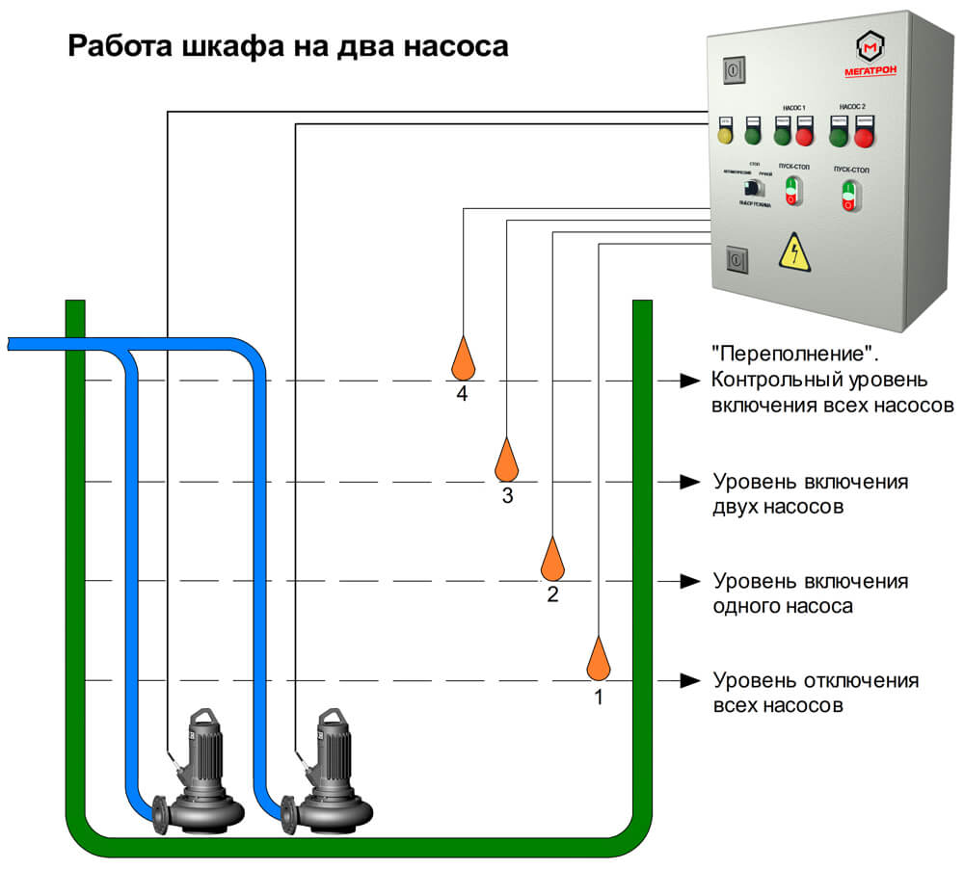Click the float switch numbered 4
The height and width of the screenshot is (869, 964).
(x=463, y=358)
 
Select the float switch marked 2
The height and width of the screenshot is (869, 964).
(x=552, y=560)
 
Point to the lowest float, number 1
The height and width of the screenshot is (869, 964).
(x=599, y=660)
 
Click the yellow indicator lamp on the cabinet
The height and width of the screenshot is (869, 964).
(x=726, y=136)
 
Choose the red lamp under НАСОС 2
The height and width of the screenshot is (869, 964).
(x=864, y=137)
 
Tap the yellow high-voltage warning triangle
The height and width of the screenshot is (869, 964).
(x=794, y=252)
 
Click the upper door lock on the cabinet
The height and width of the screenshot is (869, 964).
(x=735, y=70)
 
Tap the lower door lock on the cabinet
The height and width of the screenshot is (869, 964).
(x=736, y=259)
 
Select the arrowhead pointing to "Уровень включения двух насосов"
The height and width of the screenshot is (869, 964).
(x=688, y=481)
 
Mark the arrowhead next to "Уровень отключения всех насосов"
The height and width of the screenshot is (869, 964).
(x=688, y=680)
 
